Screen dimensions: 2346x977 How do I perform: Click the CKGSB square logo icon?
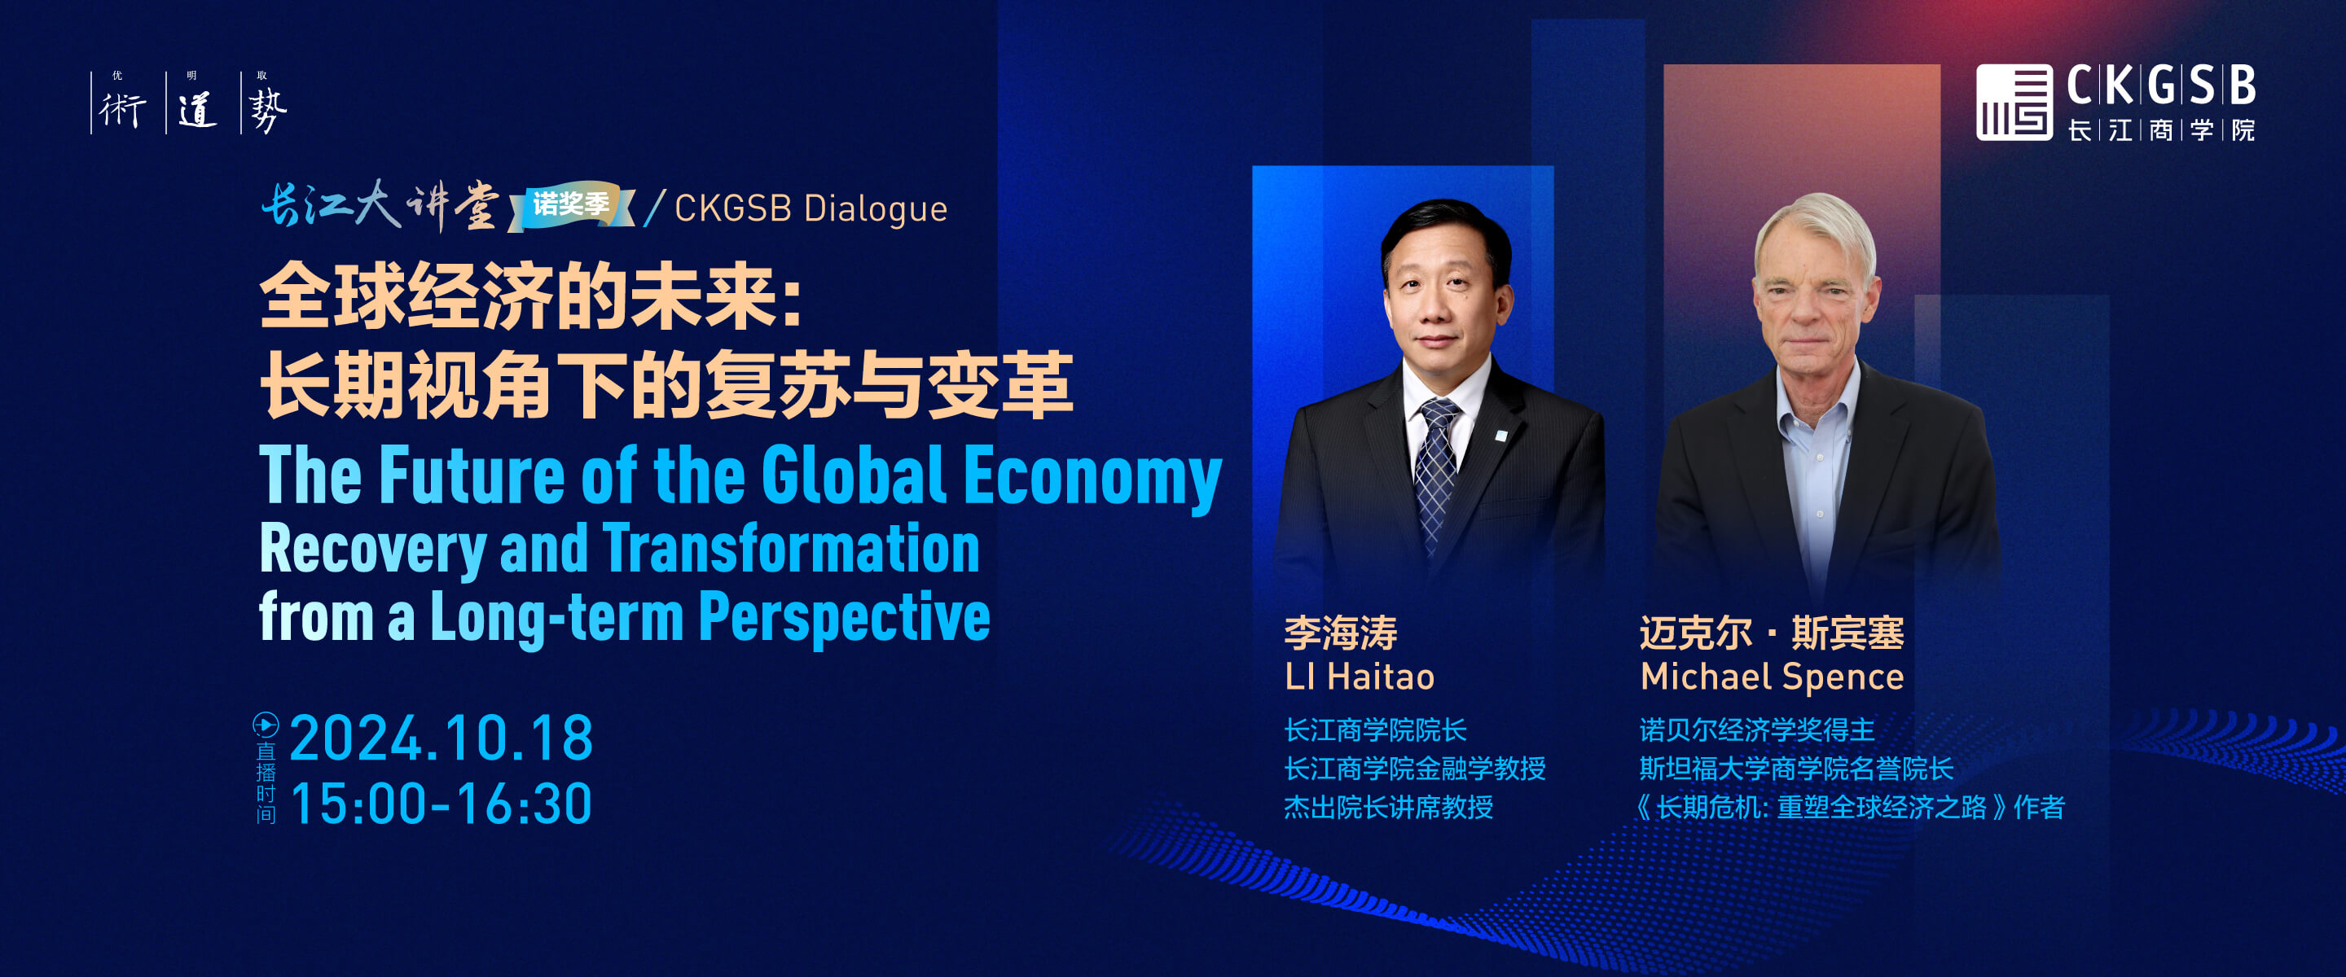tap(2014, 102)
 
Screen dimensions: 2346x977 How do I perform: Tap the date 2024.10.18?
tap(442, 738)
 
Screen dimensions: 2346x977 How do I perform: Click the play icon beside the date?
tap(265, 725)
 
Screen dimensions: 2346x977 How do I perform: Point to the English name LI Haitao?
tap(1359, 677)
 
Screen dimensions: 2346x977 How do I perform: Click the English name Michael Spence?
tap(1772, 677)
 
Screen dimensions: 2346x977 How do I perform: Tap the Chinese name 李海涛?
tap(1341, 633)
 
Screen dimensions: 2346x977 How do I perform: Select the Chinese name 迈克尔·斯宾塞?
tap(1772, 633)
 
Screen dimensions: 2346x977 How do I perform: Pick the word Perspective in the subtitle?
tap(844, 616)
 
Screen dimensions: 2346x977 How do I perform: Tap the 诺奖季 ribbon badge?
tap(571, 204)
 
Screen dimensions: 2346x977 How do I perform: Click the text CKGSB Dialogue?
tap(811, 208)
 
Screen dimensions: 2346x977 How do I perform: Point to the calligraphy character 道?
tap(196, 110)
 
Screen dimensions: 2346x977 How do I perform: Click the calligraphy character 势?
tap(268, 111)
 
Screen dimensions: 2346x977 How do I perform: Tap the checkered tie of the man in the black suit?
tap(1436, 474)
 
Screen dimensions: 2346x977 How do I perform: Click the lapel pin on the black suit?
tap(1500, 436)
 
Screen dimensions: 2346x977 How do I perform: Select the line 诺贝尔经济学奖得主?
tap(1757, 729)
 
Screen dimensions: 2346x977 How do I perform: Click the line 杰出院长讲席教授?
tap(1389, 807)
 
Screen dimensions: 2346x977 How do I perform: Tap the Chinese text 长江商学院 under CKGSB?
tap(2161, 130)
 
